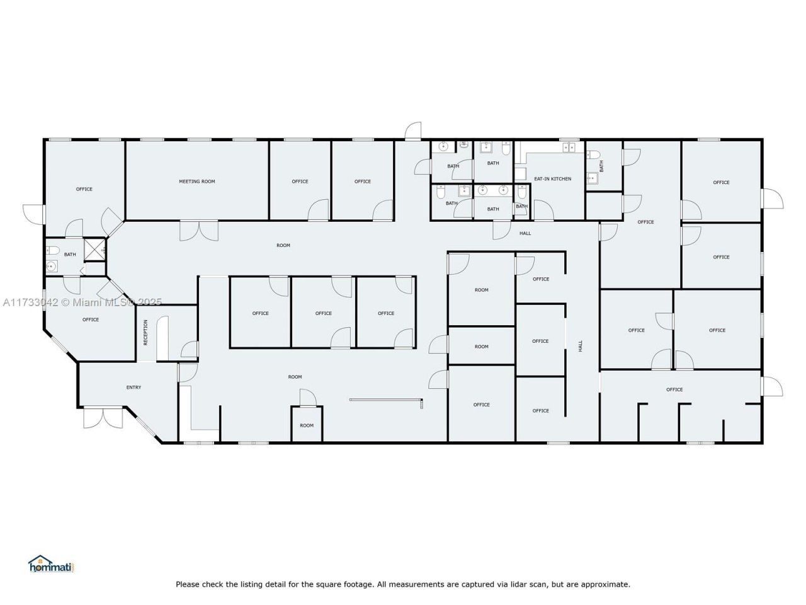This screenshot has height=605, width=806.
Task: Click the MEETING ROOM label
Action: pos(197,181)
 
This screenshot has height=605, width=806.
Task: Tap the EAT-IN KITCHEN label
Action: pos(553,179)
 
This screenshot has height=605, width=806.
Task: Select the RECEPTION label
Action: pos(145,332)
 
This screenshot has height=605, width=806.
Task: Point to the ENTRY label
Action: pos(133,388)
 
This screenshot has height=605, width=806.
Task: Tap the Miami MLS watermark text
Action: pos(82,302)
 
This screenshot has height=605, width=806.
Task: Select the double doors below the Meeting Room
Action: pos(198,230)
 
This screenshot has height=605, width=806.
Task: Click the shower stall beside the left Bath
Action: pos(95,249)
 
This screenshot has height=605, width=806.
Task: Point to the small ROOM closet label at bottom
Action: pos(307,425)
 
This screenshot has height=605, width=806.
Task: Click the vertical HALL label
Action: pos(581,346)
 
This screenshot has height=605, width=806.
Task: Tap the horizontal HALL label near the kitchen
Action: pos(525,233)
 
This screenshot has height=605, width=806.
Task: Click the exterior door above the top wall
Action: pos(413,132)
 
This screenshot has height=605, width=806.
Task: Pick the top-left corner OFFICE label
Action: pos(84,189)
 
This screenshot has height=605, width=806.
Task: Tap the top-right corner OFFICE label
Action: pos(722,183)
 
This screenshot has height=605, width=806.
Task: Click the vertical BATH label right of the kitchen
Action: pos(601,166)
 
